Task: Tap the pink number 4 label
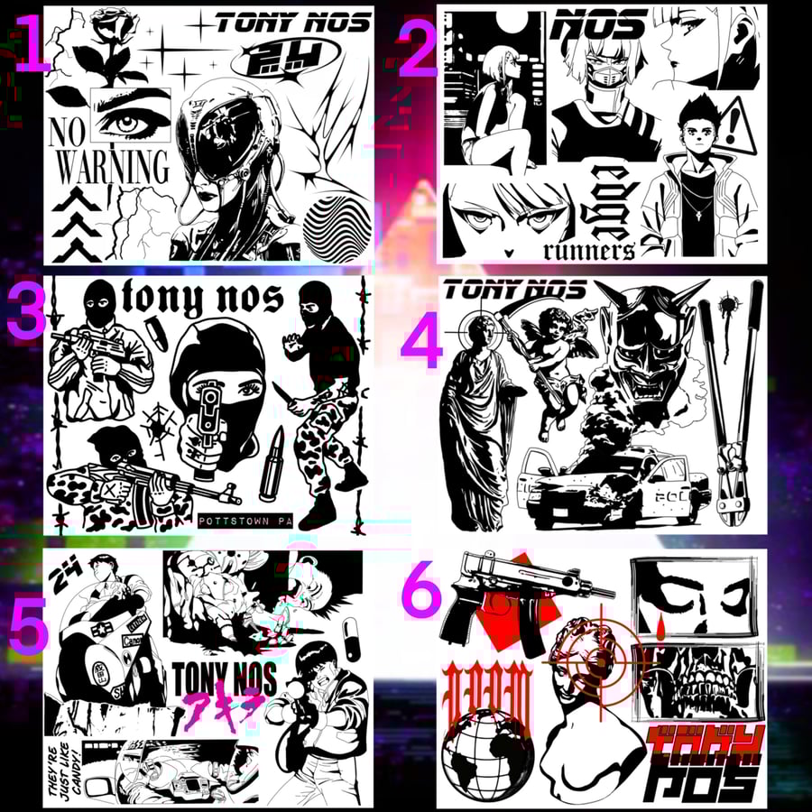pyautogui.click(x=420, y=346)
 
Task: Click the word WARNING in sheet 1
pyautogui.click(x=113, y=168)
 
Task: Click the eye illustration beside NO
pyautogui.click(x=133, y=115)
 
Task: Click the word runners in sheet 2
pyautogui.click(x=589, y=250)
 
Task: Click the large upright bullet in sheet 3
pyautogui.click(x=272, y=465)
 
